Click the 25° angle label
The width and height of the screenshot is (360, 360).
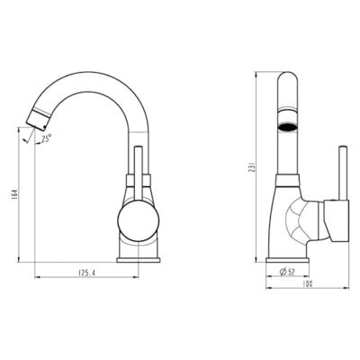pyautogui.click(x=47, y=139)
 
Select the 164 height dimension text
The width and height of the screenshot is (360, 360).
pyautogui.click(x=14, y=195)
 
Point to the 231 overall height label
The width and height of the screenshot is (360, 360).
pyautogui.click(x=252, y=166)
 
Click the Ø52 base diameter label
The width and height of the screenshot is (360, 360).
pyautogui.click(x=288, y=272)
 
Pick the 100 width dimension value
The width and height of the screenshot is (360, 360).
pyautogui.click(x=308, y=283)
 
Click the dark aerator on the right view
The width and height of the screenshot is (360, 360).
pyautogui.click(x=288, y=127)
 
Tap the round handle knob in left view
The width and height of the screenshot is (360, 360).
pyautogui.click(x=139, y=220)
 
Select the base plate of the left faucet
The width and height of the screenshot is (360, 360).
pyautogui.click(x=139, y=260)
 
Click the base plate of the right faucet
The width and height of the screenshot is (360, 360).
pyautogui.click(x=288, y=260)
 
